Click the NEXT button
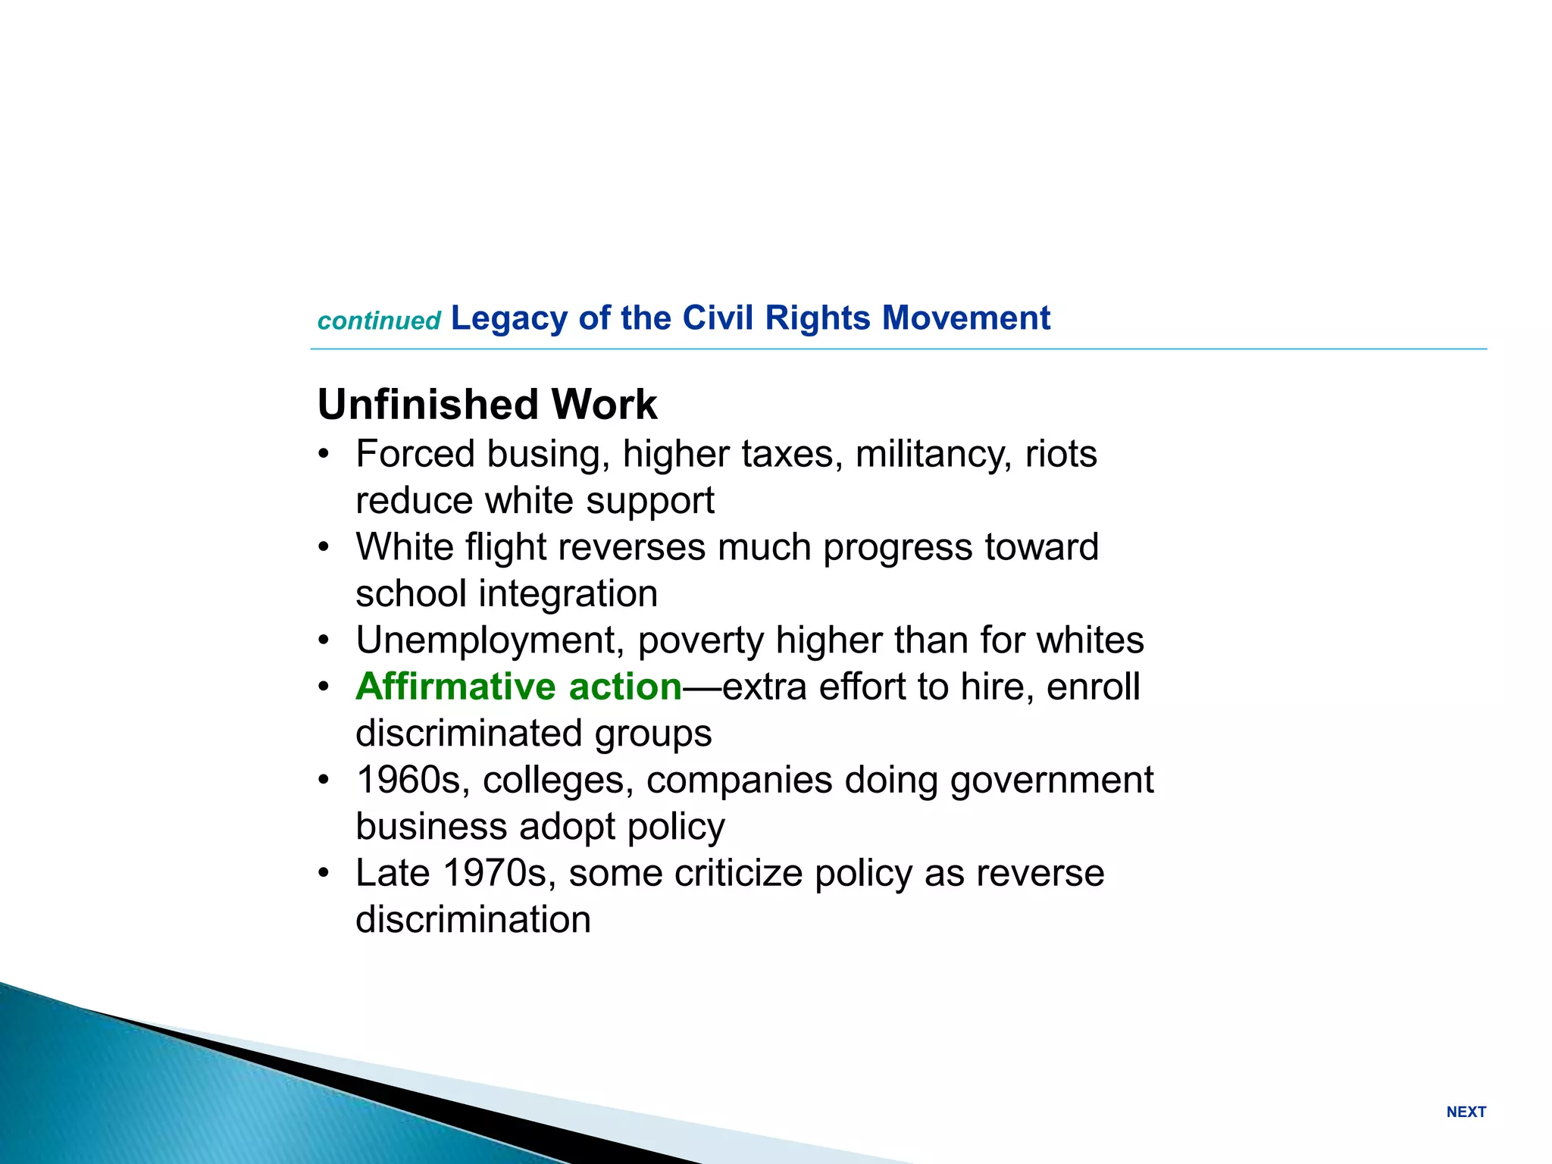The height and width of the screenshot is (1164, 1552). [x=1466, y=1112]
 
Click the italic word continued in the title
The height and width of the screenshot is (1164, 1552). [x=379, y=321]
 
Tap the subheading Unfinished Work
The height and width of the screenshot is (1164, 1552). [x=487, y=404]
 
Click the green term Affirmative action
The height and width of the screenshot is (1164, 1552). [x=519, y=687]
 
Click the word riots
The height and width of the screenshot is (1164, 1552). [x=1061, y=455]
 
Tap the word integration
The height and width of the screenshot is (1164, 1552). [x=568, y=594]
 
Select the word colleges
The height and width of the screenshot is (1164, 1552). [x=558, y=781]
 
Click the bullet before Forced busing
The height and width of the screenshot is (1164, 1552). [x=324, y=455]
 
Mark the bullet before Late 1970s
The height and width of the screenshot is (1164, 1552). [x=324, y=873]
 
